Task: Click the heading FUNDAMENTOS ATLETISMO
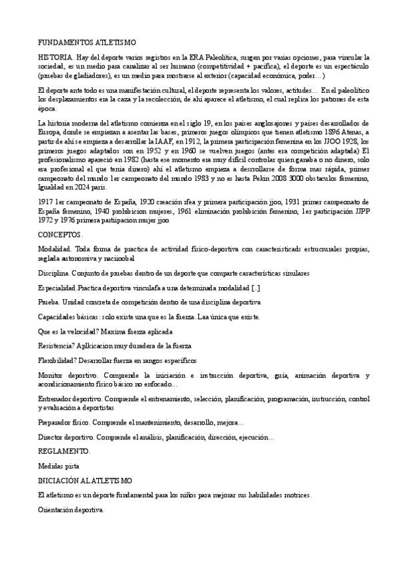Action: [x=87, y=41]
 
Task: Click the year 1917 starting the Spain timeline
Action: [x=47, y=202]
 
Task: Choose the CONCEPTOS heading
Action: [x=60, y=235]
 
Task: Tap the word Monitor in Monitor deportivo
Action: [x=50, y=376]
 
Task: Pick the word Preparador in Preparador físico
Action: [x=55, y=422]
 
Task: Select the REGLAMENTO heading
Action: [x=63, y=451]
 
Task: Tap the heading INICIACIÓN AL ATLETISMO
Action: [x=85, y=481]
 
